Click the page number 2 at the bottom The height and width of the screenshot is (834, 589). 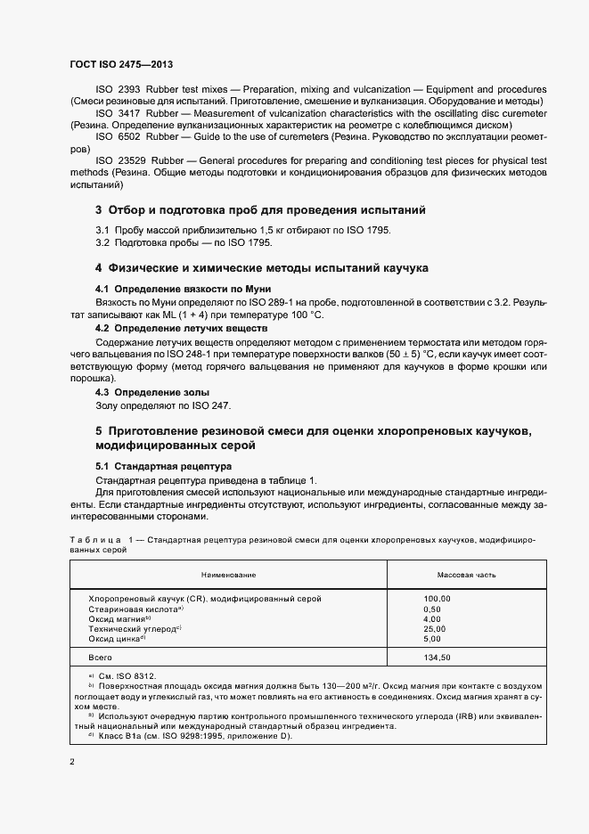click(x=72, y=762)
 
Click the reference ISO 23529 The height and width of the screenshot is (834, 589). click(x=118, y=159)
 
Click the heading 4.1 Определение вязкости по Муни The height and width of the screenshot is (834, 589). click(x=183, y=290)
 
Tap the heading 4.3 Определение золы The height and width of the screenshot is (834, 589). click(x=151, y=392)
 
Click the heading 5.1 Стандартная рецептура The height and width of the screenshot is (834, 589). click(x=163, y=466)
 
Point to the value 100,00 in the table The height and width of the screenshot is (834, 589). click(x=438, y=599)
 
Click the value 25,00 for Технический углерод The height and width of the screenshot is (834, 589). click(x=435, y=629)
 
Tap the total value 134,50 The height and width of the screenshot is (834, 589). click(x=438, y=658)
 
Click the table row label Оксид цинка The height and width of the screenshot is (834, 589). click(x=116, y=639)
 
